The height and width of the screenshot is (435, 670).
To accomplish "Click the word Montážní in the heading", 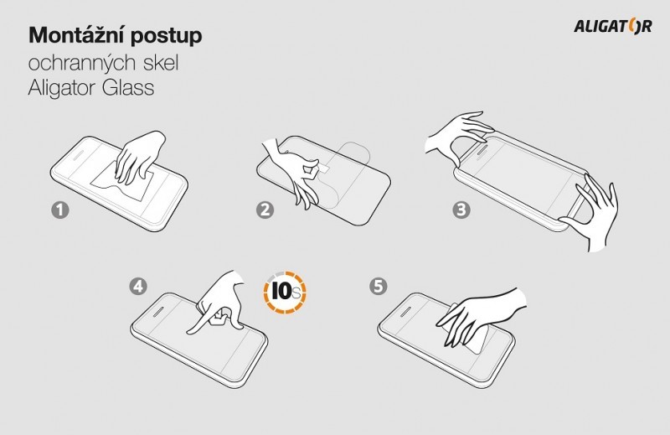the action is coord(77,35).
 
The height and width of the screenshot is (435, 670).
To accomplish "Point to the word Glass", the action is coord(128,88).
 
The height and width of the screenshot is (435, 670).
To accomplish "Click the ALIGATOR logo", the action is coord(613,26).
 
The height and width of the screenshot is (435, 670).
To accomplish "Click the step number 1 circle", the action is coord(60,210).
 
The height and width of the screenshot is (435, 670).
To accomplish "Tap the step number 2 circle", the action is coord(265,210).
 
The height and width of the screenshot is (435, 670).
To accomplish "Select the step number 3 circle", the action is coord(461,210).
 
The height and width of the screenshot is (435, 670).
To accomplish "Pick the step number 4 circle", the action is coord(138,286).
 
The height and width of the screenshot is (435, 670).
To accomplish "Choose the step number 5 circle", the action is coord(379,286).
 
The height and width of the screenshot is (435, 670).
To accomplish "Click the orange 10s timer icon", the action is coord(285,293).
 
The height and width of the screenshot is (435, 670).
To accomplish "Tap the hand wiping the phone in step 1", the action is coord(139,158).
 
